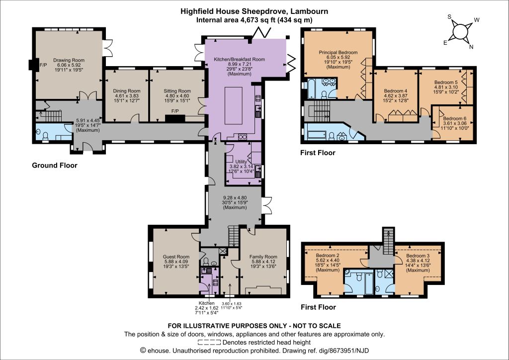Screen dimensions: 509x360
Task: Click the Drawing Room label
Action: (x=69, y=60)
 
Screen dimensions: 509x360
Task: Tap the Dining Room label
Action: (x=127, y=91)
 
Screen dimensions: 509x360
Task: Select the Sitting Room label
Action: (x=177, y=91)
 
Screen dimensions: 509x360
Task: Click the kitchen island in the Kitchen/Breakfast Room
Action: (x=234, y=106)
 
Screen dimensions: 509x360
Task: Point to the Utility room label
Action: (x=241, y=162)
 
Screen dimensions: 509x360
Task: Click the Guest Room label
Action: (x=176, y=257)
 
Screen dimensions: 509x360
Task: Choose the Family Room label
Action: (x=263, y=257)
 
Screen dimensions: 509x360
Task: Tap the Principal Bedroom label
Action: (x=338, y=52)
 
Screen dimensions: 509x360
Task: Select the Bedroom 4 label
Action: (x=395, y=91)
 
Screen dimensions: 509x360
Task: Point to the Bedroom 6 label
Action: (x=454, y=118)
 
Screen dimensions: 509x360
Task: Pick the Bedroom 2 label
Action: (x=328, y=256)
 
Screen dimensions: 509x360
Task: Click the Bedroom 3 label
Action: (x=418, y=256)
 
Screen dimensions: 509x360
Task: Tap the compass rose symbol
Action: (x=460, y=31)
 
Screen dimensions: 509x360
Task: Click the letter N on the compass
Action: (x=471, y=47)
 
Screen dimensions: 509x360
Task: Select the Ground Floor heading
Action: (x=55, y=165)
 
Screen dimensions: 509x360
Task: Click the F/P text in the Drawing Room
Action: (x=43, y=65)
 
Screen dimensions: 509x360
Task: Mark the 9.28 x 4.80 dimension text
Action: (x=235, y=198)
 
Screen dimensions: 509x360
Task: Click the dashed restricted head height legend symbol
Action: (x=209, y=342)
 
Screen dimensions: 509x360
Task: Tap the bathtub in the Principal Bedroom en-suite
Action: (x=311, y=88)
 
